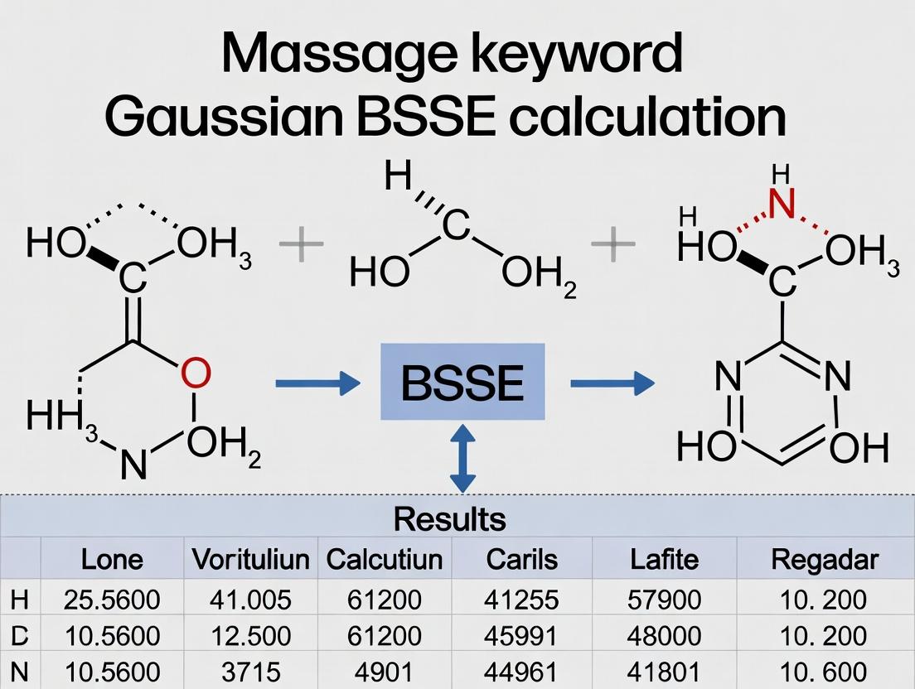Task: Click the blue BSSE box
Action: [462, 383]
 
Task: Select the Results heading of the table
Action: [449, 519]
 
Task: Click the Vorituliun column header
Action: [250, 559]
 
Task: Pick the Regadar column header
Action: [824, 559]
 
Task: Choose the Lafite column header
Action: [665, 559]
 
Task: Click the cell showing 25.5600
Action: [112, 599]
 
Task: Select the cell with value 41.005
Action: [250, 599]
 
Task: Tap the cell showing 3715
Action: [250, 672]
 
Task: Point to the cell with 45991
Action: [522, 635]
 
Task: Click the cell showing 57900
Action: [665, 599]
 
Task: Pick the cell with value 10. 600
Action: [824, 672]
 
